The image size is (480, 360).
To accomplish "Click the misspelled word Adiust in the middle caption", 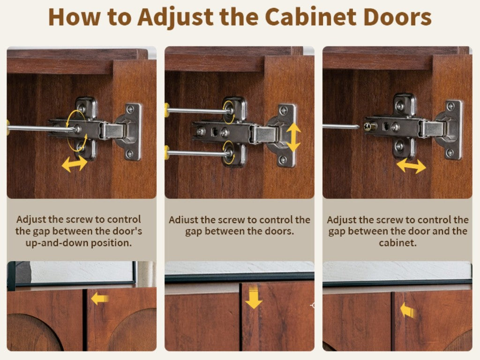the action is coord(183,220).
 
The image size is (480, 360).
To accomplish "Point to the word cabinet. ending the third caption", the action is coord(397,243).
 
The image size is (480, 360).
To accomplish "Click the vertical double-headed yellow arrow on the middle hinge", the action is coord(293,137).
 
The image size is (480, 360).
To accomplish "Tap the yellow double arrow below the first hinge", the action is coord(75,164).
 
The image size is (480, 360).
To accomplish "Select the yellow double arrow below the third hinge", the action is coord(411,165).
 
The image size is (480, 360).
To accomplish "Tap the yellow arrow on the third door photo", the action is coord(408,310).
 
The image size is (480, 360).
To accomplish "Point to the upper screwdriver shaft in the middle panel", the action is coord(197,111).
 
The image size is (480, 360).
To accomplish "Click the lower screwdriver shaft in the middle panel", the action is coord(198,153).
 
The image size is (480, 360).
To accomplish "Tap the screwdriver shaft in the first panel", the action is coord(42,128).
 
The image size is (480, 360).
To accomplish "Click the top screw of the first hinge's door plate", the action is coord(130,109).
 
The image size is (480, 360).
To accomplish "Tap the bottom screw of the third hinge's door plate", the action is coord(450,152).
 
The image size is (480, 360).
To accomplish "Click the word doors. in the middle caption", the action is coord(279,232).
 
